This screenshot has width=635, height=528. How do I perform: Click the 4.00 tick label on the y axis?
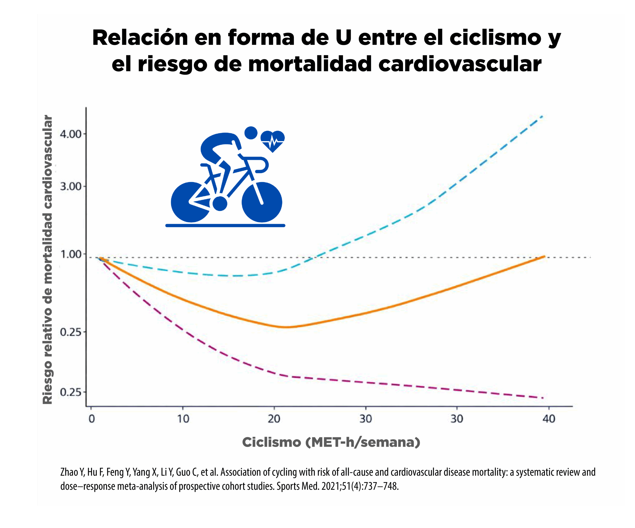click(71, 134)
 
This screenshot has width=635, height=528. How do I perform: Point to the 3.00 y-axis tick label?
click(71, 186)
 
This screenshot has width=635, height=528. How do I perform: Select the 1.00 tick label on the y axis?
click(71, 254)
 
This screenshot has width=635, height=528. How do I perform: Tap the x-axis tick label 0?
click(92, 419)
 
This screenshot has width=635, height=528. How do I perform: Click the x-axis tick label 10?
click(183, 419)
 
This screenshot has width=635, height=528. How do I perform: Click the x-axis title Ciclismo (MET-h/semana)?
click(331, 442)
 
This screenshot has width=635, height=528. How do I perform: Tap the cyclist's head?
click(251, 133)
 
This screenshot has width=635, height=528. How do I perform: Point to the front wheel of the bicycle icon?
click(262, 202)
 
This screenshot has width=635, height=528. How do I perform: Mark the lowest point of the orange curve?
click(286, 327)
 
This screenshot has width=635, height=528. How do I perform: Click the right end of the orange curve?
click(544, 256)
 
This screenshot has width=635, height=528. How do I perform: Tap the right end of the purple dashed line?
click(543, 398)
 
